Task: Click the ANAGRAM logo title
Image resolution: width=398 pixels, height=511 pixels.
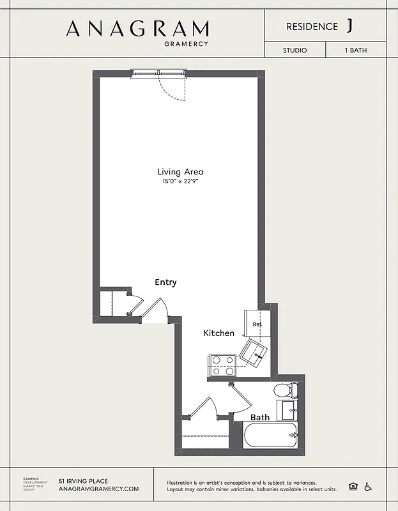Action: click(x=137, y=29)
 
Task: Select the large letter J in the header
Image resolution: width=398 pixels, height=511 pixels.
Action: click(x=349, y=26)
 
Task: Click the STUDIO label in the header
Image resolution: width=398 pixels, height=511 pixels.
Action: click(x=295, y=50)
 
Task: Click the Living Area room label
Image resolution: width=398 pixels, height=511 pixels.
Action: click(x=180, y=171)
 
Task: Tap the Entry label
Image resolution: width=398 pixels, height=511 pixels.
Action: click(x=165, y=282)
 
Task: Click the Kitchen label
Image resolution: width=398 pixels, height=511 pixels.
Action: click(x=218, y=333)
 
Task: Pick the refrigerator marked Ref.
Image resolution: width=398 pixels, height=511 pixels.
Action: click(x=257, y=324)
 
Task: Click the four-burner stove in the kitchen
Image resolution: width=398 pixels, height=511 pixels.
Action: click(x=222, y=365)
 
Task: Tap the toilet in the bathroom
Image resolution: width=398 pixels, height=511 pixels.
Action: click(x=286, y=390)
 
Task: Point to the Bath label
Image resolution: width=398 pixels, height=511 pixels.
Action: click(x=259, y=417)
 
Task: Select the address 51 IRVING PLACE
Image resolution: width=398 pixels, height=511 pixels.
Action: click(x=83, y=481)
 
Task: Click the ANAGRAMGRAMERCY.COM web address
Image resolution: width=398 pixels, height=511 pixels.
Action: click(x=98, y=489)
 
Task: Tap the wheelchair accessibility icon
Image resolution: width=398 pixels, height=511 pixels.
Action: click(x=368, y=487)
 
